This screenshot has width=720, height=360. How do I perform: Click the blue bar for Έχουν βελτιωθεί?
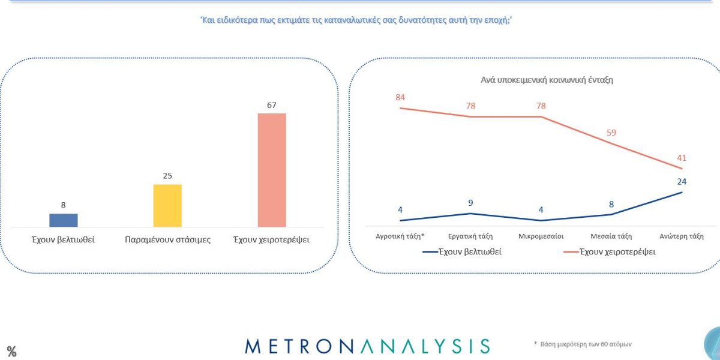pos(63,220)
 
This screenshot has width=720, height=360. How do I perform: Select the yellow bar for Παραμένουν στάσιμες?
pos(167,205)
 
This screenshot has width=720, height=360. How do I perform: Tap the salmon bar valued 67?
pos(272,170)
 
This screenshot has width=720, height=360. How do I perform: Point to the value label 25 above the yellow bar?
pos(167,176)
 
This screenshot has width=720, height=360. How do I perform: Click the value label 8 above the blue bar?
pos(63,205)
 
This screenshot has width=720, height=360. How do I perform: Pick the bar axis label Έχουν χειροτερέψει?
pos(272,239)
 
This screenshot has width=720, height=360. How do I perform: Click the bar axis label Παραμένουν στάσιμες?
pos(167,239)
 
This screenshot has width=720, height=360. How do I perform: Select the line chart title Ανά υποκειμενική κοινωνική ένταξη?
pos(547,80)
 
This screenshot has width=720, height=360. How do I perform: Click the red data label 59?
pos(611,133)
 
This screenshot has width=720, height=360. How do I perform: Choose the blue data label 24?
pos(681,181)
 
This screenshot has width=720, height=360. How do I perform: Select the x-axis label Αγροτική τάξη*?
pos(400,236)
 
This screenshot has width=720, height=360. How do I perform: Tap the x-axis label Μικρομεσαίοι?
pos(541,236)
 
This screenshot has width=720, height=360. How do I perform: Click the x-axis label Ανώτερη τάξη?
pos(681,236)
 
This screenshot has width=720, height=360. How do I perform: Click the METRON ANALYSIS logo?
pos(367,346)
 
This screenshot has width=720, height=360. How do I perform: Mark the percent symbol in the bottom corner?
pos(11,352)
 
